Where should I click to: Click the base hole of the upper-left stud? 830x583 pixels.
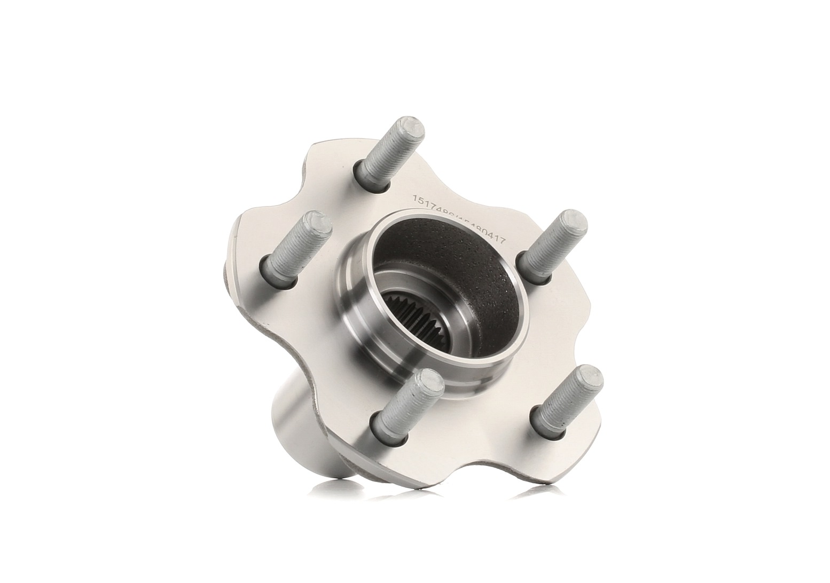coord(272,266)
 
